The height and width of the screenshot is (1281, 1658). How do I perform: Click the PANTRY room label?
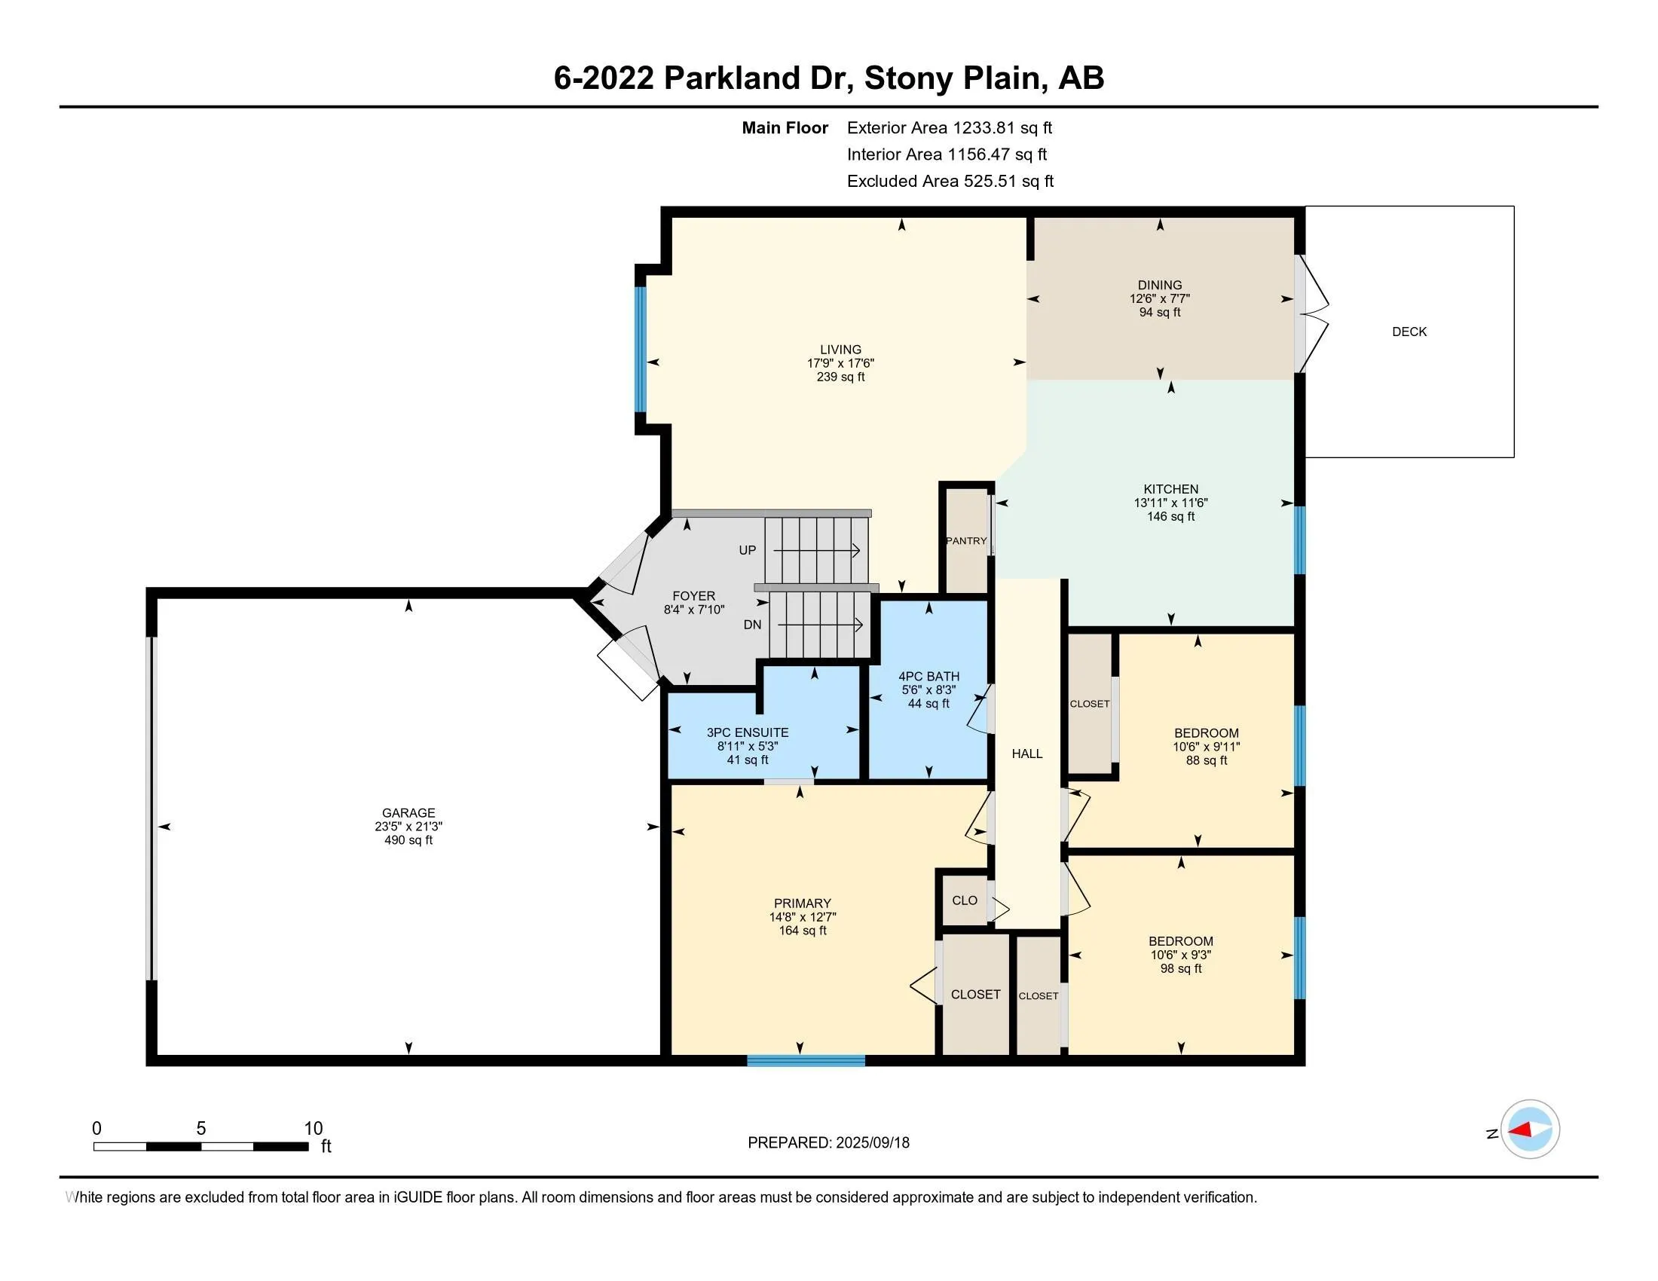tap(965, 541)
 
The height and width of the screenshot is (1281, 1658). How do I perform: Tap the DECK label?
tap(1409, 332)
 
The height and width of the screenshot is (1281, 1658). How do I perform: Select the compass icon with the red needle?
tap(1530, 1130)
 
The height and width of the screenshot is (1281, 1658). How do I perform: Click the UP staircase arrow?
tap(816, 550)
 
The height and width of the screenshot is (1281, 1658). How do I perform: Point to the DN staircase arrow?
tap(820, 625)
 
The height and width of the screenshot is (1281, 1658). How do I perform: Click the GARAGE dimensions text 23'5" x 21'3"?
tap(408, 827)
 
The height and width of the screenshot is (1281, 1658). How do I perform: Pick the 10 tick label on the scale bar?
tap(313, 1129)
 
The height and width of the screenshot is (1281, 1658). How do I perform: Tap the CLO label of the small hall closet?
tap(964, 900)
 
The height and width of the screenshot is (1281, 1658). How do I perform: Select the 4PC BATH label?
tap(928, 676)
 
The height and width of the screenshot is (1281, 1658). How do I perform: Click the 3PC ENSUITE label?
tap(747, 732)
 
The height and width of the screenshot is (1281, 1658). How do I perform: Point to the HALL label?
tap(1026, 754)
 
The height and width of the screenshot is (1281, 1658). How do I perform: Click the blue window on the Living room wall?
tap(641, 349)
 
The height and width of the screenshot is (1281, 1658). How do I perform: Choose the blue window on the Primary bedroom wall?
tap(806, 1060)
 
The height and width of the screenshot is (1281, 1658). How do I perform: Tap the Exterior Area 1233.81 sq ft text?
tap(949, 127)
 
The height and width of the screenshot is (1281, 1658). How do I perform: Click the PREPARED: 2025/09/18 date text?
tap(828, 1143)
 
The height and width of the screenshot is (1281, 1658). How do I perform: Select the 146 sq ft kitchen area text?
tap(1170, 517)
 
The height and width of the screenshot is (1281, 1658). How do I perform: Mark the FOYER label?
tap(693, 597)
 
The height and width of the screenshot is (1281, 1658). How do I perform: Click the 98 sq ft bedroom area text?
tap(1180, 968)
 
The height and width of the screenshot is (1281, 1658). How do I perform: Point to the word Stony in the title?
tap(909, 78)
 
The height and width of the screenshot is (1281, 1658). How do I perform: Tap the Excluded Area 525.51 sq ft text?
tap(950, 181)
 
